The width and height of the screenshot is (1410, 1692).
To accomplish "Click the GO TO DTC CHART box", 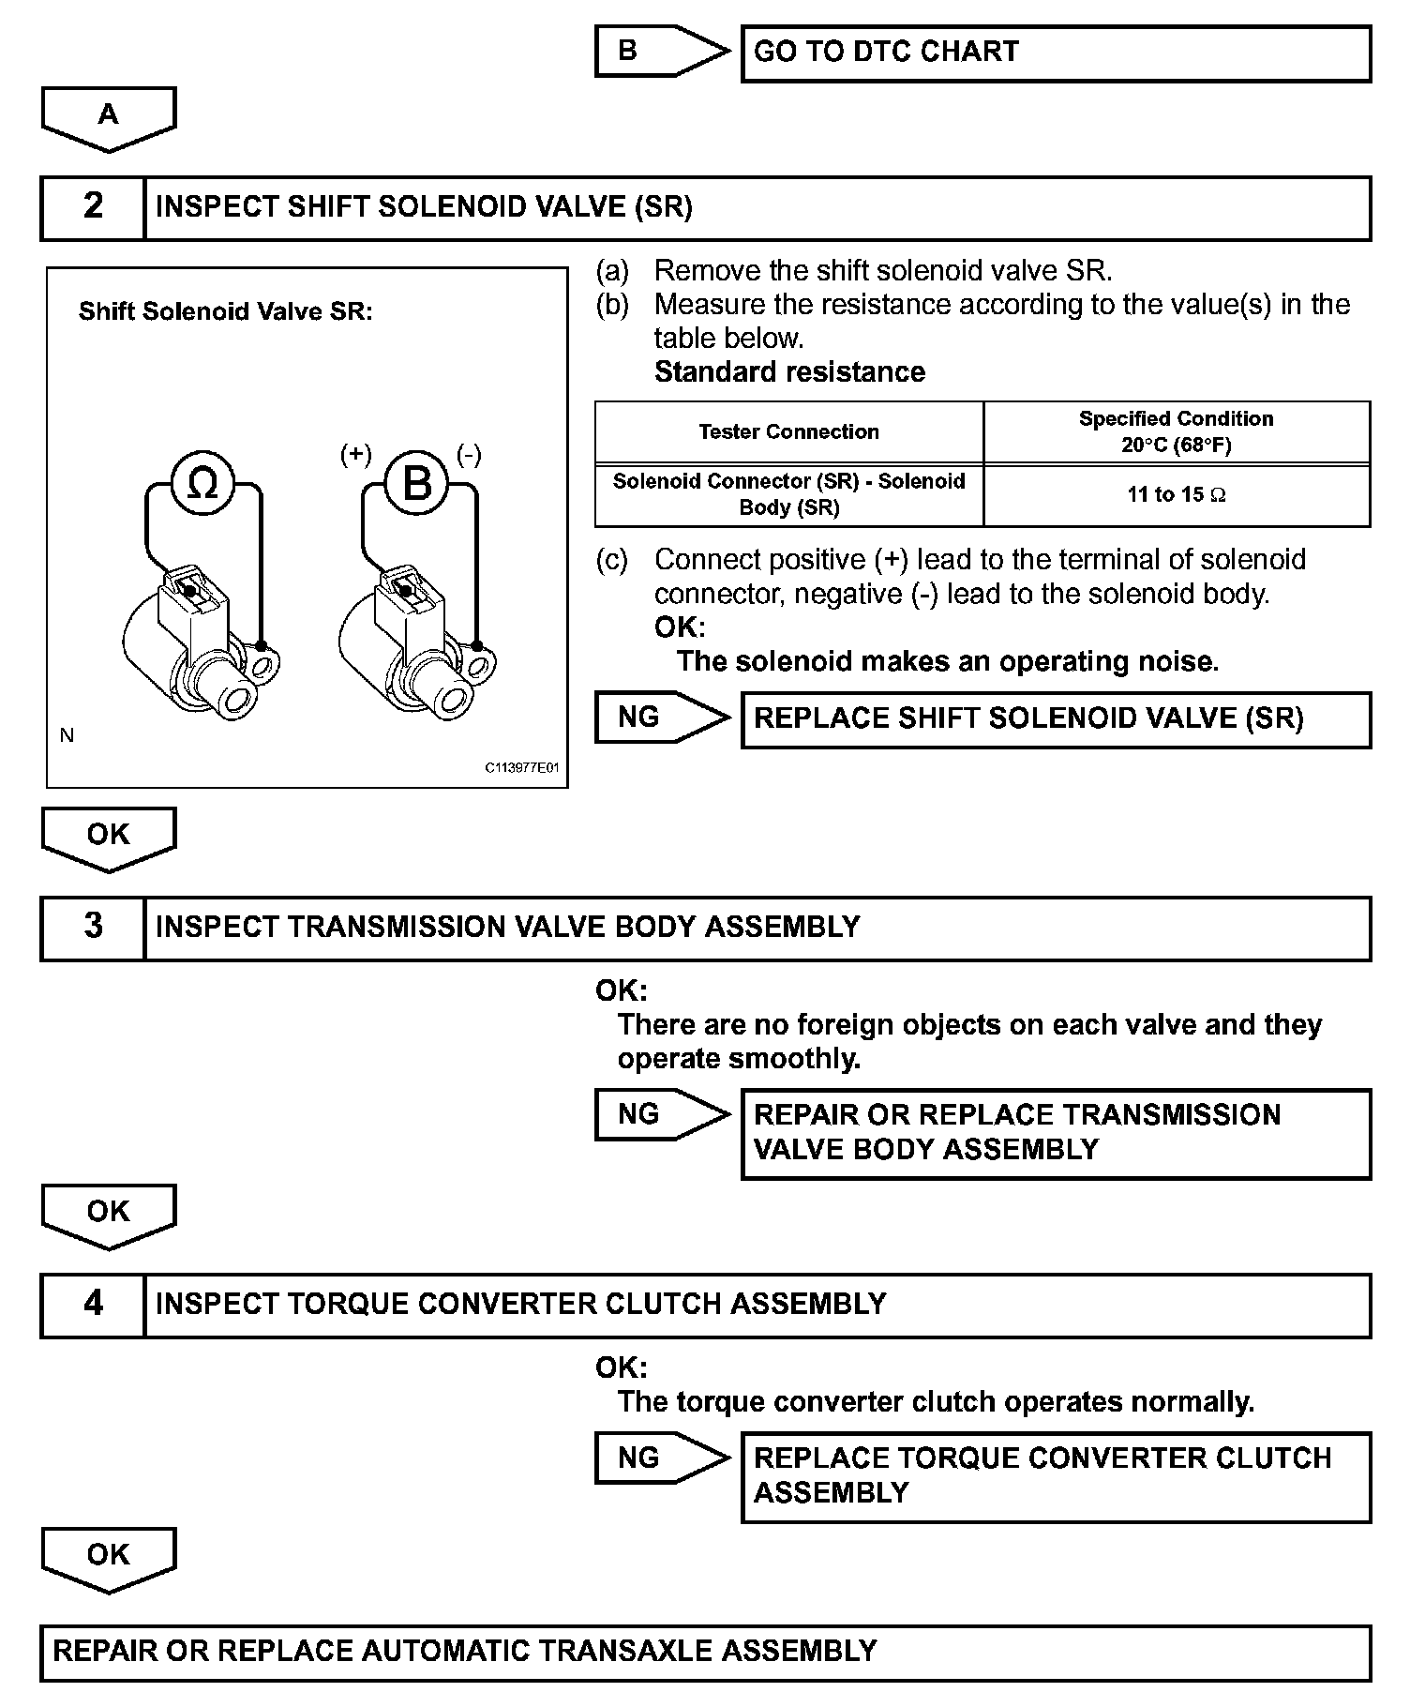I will click(1056, 53).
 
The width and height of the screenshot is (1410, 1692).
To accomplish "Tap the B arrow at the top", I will click(656, 51).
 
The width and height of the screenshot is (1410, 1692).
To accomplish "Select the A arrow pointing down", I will click(109, 117).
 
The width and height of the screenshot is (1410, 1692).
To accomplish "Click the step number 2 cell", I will click(93, 207).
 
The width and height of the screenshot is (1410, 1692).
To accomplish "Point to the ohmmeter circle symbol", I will click(202, 484).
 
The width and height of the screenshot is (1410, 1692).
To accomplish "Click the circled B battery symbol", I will click(417, 484).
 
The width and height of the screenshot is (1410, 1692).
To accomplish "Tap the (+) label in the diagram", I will click(356, 455).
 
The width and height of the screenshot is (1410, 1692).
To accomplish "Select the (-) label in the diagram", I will click(469, 455).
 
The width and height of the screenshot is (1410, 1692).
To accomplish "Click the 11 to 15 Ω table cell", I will click(1177, 495).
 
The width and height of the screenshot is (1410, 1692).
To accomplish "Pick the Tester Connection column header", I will click(788, 432).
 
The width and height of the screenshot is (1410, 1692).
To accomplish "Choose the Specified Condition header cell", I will click(1177, 431).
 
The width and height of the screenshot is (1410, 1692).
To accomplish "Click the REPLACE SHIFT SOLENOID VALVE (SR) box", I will click(1056, 719).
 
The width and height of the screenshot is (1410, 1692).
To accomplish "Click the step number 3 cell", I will click(93, 928).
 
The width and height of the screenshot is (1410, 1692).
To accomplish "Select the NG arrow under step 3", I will click(656, 1114).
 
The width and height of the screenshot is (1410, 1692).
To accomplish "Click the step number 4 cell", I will click(93, 1305).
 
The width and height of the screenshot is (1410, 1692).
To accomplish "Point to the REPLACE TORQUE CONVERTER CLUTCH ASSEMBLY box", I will click(1056, 1476).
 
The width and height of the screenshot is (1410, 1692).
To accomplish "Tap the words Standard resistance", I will click(789, 372).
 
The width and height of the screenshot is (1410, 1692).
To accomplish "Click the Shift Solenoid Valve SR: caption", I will click(225, 311).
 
